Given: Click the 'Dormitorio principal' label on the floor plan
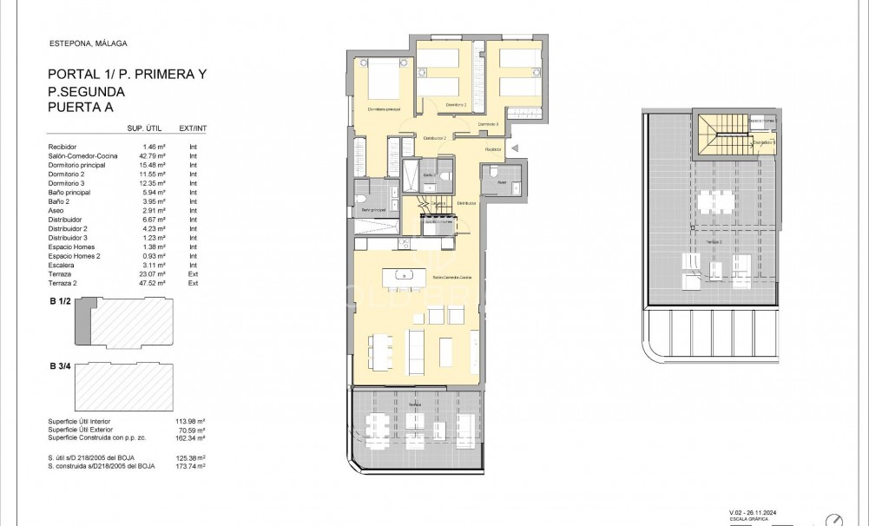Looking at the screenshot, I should (383, 109).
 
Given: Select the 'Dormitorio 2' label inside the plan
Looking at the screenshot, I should (457, 104).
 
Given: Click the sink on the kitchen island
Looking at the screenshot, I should (404, 275).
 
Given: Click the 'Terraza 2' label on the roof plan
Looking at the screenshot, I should (714, 243).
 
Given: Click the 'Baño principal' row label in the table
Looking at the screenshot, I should (69, 196).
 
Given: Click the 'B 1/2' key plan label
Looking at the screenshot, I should (60, 301).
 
